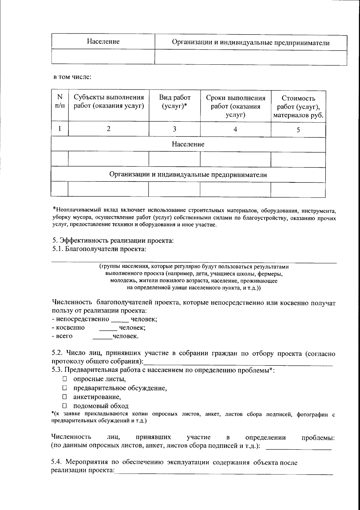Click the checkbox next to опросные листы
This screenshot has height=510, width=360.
click(x=64, y=379)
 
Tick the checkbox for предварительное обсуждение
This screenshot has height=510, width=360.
click(x=64, y=388)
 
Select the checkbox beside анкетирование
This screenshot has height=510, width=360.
click(x=64, y=397)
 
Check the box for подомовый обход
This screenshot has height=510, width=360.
click(x=64, y=406)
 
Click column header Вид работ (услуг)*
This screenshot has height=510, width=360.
click(x=174, y=102)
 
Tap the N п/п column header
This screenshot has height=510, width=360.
click(x=60, y=101)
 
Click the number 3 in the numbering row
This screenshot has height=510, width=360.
click(x=174, y=129)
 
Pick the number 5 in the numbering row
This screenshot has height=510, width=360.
click(x=298, y=130)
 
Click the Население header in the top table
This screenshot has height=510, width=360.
click(x=103, y=41)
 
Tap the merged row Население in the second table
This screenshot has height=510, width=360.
click(x=188, y=144)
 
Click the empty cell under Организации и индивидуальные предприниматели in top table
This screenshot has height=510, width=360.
click(x=250, y=57)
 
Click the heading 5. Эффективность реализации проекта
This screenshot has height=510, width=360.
click(x=113, y=240)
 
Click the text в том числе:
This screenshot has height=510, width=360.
click(x=72, y=77)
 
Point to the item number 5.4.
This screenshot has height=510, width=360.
click(x=57, y=463)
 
